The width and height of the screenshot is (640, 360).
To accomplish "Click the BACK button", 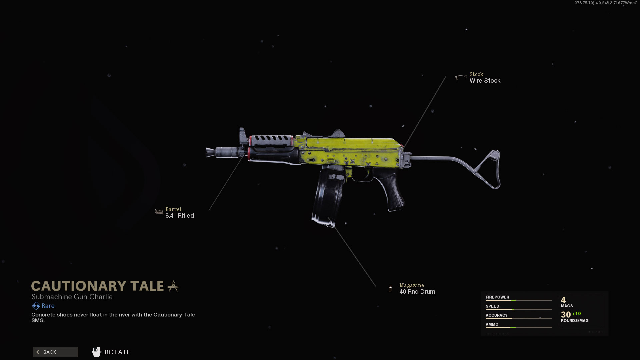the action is (55, 352).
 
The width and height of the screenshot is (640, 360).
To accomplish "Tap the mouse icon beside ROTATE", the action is (96, 352).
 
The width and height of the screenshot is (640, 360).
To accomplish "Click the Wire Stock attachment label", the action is (485, 81).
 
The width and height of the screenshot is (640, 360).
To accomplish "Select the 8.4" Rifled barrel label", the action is (179, 216).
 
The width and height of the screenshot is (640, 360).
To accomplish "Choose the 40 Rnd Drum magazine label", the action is (417, 292).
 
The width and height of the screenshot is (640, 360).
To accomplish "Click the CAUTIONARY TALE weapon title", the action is (98, 286).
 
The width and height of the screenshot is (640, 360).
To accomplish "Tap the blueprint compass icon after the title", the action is (173, 286).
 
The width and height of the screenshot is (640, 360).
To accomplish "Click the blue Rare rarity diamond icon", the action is (36, 306).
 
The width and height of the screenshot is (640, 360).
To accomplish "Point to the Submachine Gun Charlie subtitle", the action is (72, 297).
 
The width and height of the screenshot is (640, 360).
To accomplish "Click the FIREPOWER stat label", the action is (497, 297).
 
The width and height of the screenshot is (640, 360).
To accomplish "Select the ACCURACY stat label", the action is (496, 315).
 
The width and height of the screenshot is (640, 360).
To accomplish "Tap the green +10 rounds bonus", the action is (576, 314).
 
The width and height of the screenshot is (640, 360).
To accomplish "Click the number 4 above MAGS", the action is (563, 300).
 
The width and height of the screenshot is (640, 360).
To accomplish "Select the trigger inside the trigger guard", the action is (367, 174).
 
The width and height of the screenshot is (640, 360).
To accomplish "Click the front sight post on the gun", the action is (242, 135).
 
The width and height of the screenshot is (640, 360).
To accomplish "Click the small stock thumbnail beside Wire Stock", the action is (461, 78).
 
